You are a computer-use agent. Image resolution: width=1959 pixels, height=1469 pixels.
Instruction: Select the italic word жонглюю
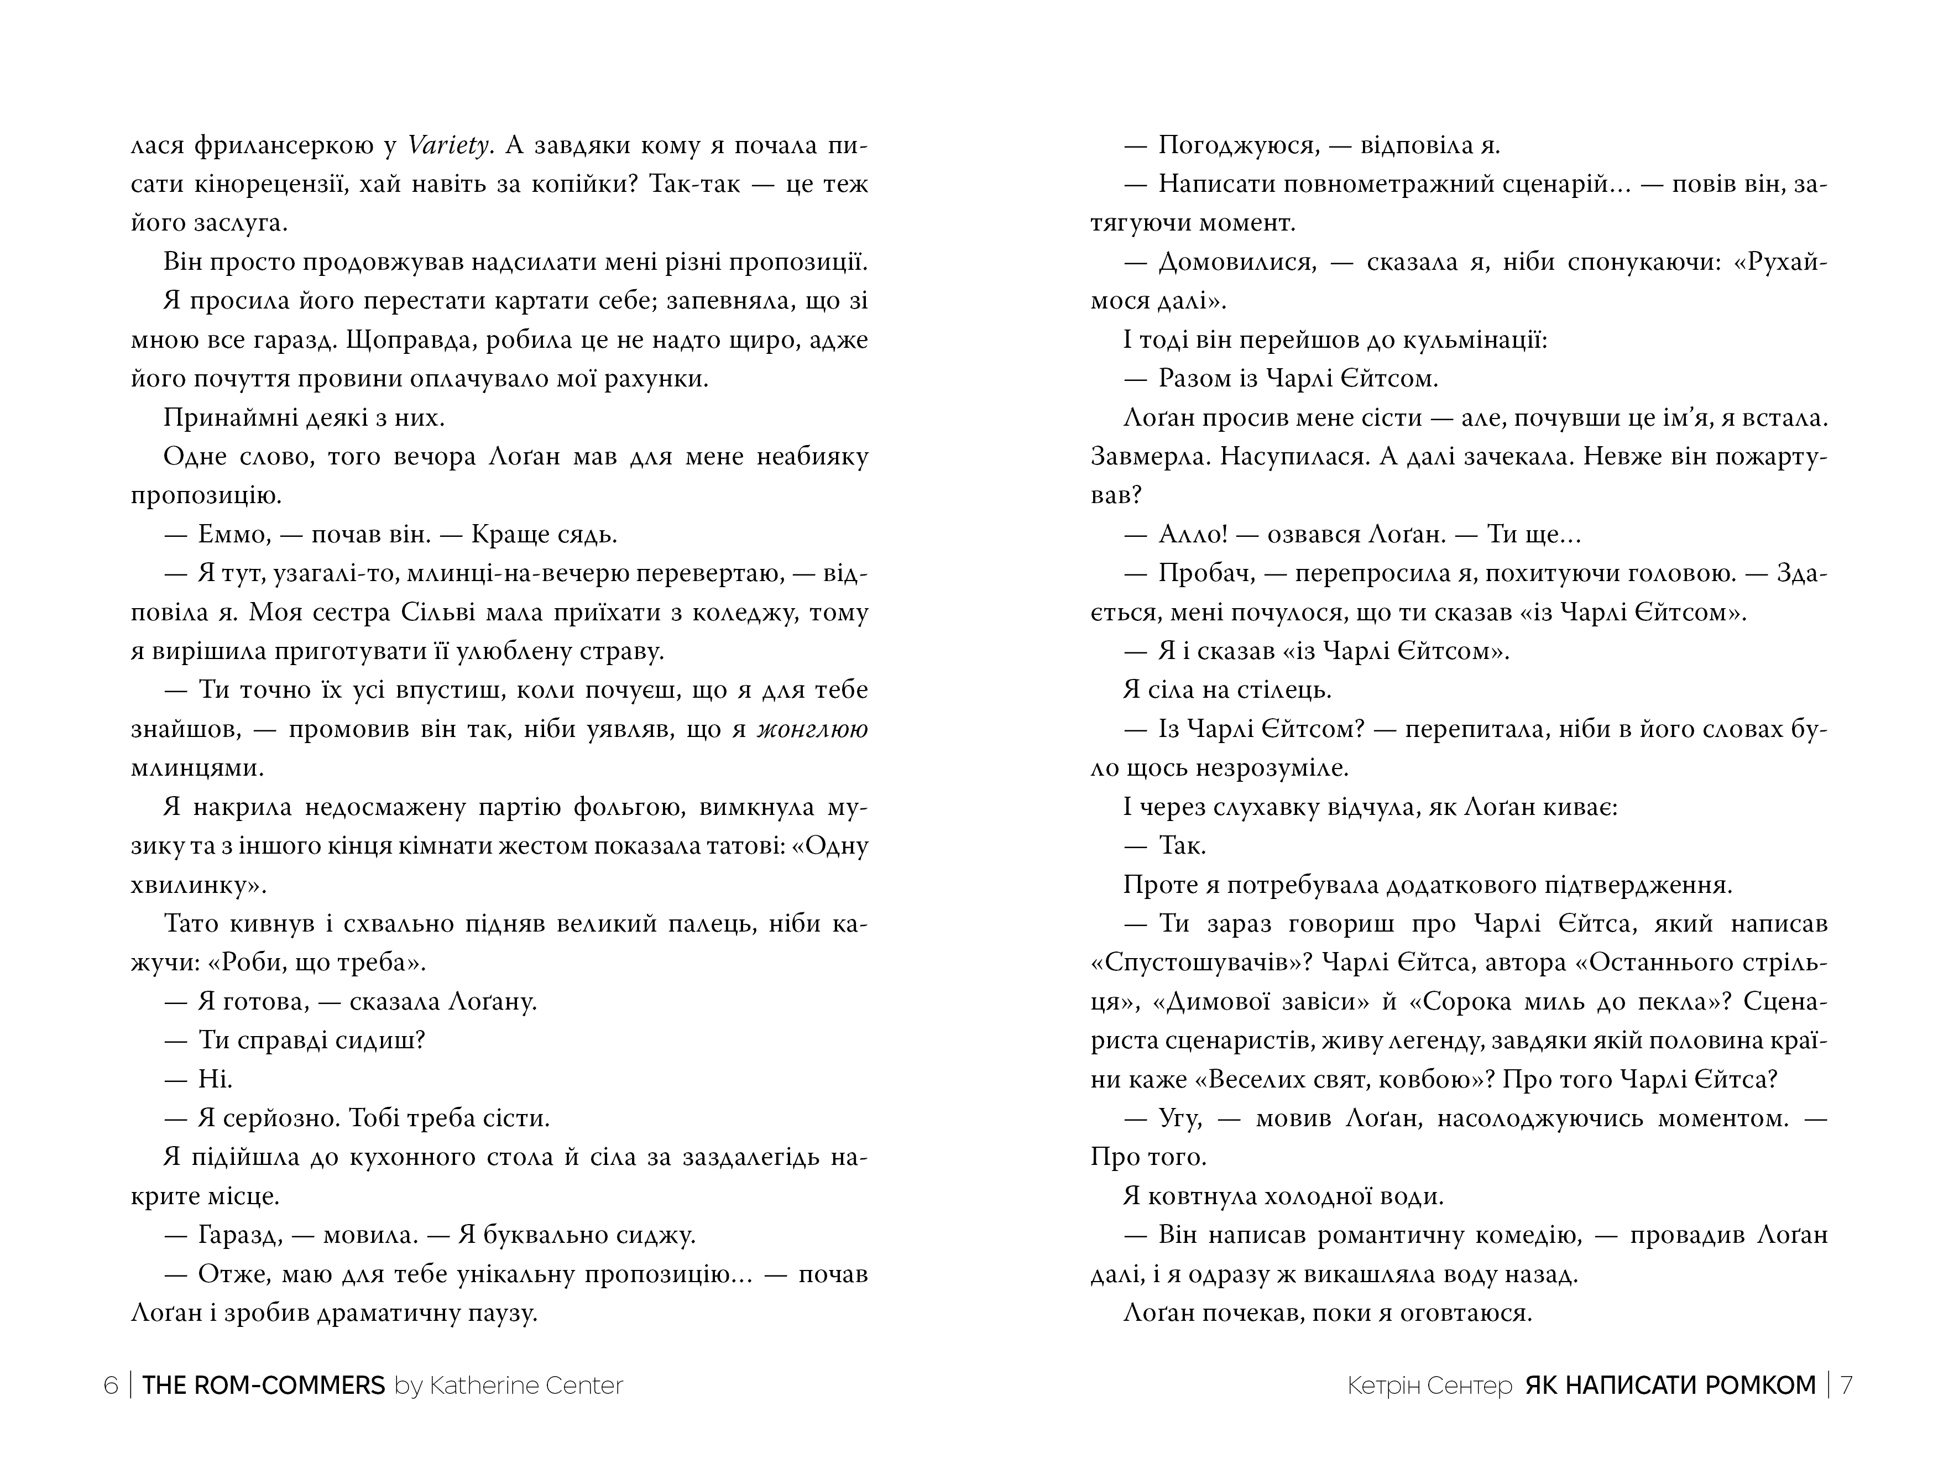click(812, 729)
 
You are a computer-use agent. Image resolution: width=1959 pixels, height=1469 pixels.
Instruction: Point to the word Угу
click(1179, 1118)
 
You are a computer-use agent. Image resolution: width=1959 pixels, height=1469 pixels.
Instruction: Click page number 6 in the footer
click(111, 1385)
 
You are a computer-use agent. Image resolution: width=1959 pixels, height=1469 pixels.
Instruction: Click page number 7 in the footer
click(1847, 1385)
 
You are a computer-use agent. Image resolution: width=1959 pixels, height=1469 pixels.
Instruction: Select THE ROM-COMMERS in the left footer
click(263, 1385)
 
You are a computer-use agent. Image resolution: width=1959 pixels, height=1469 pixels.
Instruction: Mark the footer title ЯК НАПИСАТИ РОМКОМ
click(1670, 1385)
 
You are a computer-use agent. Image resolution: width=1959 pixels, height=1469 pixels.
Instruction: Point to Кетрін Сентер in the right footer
click(1429, 1385)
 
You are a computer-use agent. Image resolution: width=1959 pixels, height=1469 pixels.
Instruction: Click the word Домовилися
click(1238, 262)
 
